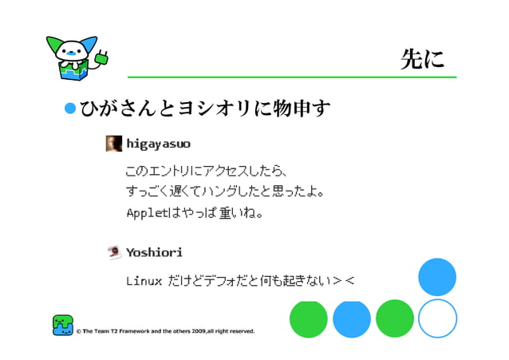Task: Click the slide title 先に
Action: point(422,59)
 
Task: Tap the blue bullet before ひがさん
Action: point(70,108)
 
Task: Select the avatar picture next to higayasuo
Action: point(114,144)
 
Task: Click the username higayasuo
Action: point(158,144)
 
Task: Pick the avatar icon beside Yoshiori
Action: point(114,252)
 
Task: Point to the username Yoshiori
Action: point(154,252)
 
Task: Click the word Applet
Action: point(144,213)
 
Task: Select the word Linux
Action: point(144,281)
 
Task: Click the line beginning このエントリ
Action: point(206,171)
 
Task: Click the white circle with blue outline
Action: point(437,318)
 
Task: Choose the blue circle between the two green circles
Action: point(352,318)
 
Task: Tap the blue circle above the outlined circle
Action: point(437,277)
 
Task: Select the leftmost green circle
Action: point(309,318)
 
